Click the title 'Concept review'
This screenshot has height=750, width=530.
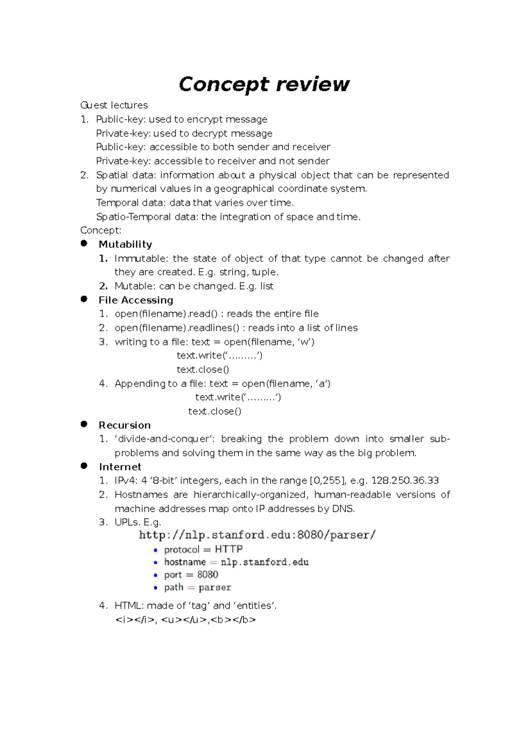(x=264, y=84)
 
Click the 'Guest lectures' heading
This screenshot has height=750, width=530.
(x=114, y=105)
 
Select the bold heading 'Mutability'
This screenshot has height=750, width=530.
(x=125, y=244)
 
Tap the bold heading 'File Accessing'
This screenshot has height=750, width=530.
(x=136, y=300)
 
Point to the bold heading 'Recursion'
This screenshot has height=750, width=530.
(x=125, y=425)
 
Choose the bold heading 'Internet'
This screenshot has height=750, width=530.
(x=120, y=467)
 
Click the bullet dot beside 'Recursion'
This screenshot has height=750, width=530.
(x=84, y=424)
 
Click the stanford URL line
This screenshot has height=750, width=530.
(x=257, y=535)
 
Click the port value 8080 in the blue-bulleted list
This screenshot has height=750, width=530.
(x=208, y=575)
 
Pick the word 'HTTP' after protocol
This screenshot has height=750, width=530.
(x=228, y=549)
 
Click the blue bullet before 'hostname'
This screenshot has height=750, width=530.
(x=155, y=563)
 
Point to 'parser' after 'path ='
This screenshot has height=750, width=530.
(x=215, y=587)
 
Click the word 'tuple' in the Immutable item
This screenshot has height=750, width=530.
(x=264, y=272)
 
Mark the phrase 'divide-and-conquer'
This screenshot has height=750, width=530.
(x=164, y=439)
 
